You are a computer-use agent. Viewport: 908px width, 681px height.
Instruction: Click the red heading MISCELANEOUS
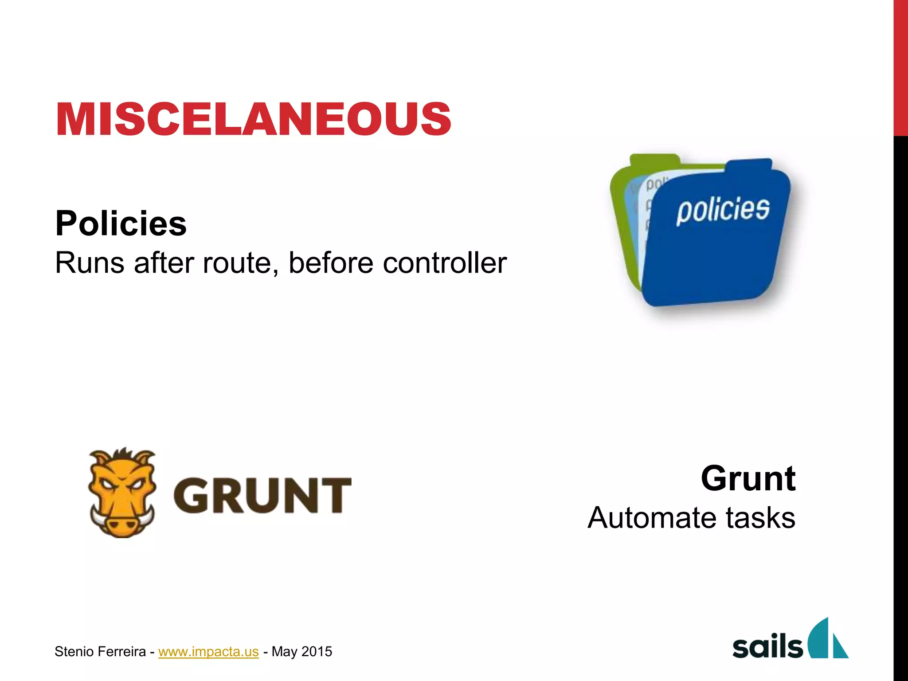(x=253, y=118)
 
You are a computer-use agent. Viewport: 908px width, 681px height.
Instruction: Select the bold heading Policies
(x=121, y=223)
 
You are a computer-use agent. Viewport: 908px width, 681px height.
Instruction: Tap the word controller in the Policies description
(x=444, y=263)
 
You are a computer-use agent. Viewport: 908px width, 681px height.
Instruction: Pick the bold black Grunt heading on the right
(x=748, y=478)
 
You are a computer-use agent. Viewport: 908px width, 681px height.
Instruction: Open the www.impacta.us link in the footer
(x=208, y=651)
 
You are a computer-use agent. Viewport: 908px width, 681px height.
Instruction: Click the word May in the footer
(x=284, y=652)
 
